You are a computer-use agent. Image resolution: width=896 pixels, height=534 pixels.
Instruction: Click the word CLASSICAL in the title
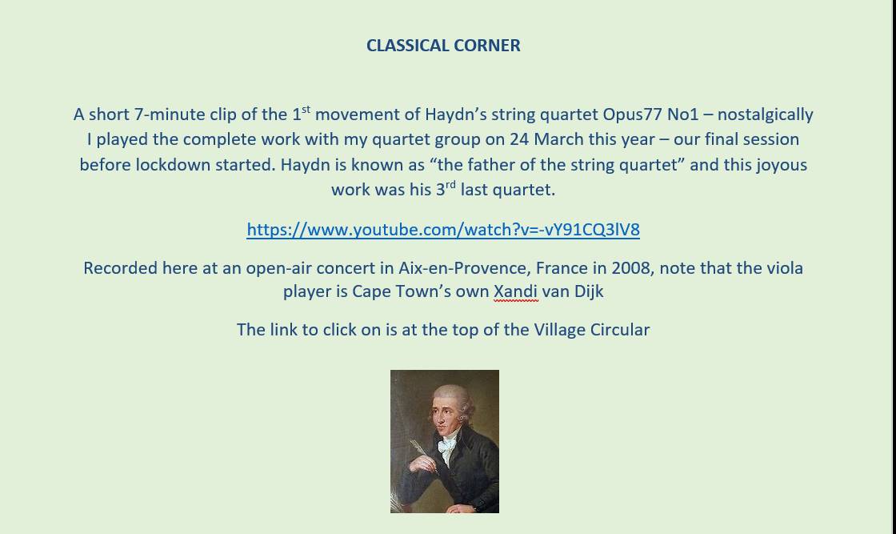click(x=405, y=46)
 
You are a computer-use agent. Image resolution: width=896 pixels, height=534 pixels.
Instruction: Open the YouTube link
click(x=443, y=230)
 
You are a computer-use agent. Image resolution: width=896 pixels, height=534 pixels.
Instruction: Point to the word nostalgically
click(x=765, y=115)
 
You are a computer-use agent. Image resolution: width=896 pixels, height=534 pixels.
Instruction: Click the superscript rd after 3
click(x=450, y=185)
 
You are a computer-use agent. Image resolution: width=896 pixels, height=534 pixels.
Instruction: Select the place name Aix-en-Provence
click(x=456, y=268)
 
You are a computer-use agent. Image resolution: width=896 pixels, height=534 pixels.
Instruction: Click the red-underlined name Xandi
click(x=515, y=291)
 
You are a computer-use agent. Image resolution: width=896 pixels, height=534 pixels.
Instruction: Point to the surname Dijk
click(x=589, y=292)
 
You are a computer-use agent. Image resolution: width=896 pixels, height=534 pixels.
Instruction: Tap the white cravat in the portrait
click(x=446, y=447)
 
